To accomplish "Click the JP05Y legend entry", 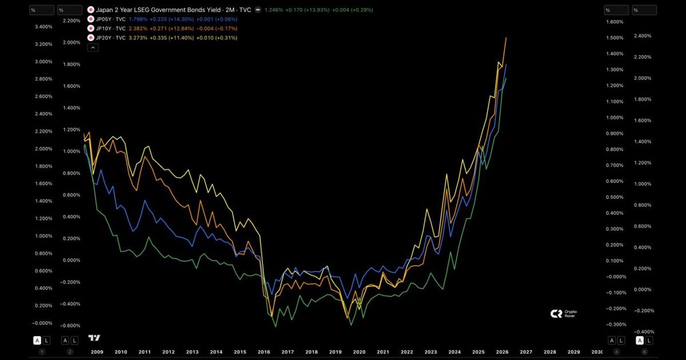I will (111, 19).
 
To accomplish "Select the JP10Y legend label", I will (111, 28).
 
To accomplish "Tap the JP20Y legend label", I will (111, 38).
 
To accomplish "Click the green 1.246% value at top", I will (274, 10).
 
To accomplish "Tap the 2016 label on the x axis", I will (264, 352).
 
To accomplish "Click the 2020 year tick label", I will (359, 352).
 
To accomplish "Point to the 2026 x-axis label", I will (502, 352).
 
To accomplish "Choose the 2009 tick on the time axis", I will (97, 352).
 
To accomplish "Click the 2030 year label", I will (597, 352).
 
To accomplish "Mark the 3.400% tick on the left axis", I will (43, 27).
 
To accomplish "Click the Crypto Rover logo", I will (563, 314).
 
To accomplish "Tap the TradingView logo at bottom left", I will (94, 338).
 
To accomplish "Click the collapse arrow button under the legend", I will (93, 48).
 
